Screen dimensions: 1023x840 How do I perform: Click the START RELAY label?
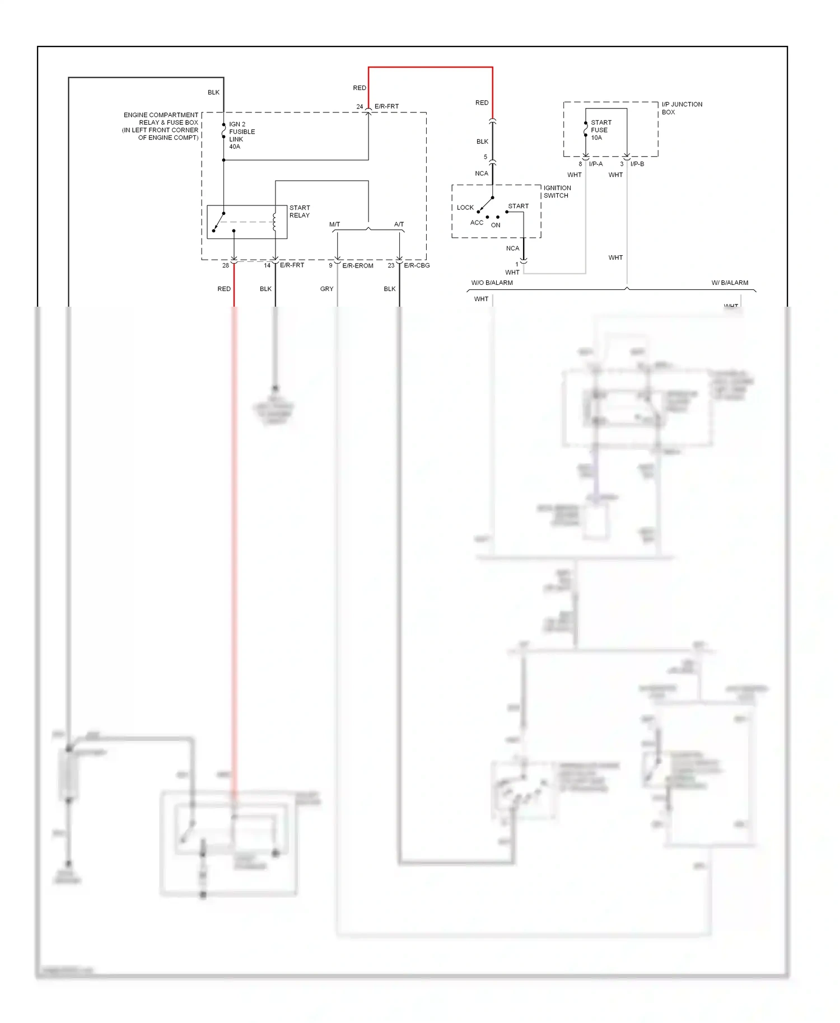click(x=300, y=212)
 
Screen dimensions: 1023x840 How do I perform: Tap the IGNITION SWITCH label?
click(x=557, y=192)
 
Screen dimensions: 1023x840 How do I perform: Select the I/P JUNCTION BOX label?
click(x=682, y=108)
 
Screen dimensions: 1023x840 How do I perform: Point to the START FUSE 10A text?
click(x=600, y=130)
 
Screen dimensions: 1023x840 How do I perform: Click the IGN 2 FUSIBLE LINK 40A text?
click(x=241, y=135)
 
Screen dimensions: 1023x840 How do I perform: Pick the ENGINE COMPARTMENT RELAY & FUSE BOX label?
click(x=161, y=126)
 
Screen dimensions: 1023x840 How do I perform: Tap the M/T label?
click(x=334, y=224)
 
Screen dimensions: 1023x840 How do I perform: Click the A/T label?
click(x=399, y=224)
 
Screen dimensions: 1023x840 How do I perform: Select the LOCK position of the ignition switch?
click(x=465, y=208)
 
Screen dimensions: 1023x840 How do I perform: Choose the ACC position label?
click(x=477, y=223)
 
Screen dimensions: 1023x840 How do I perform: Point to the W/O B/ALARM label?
click(x=492, y=283)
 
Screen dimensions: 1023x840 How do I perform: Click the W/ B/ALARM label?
click(x=730, y=283)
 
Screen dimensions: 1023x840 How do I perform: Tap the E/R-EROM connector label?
click(x=357, y=266)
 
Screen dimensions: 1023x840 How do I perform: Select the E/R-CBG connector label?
click(x=417, y=265)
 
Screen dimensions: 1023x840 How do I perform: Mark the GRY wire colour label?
click(x=326, y=289)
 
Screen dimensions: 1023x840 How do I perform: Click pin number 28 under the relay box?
click(x=225, y=265)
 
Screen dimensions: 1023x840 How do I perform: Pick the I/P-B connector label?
click(x=637, y=164)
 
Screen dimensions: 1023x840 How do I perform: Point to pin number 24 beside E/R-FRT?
click(x=360, y=106)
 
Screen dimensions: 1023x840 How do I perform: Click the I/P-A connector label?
click(x=595, y=164)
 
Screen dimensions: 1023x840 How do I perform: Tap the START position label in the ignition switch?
click(x=518, y=206)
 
